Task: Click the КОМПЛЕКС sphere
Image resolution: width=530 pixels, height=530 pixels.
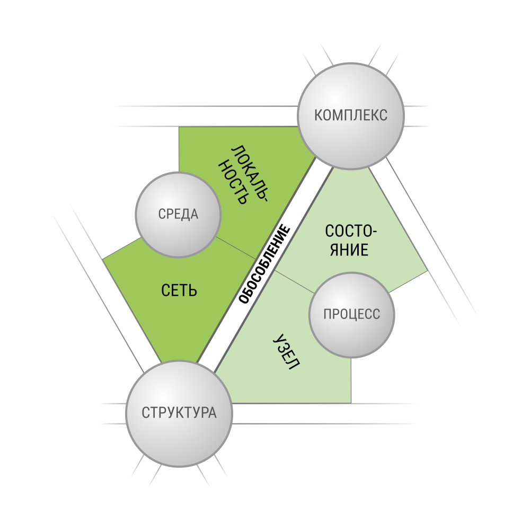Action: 351,116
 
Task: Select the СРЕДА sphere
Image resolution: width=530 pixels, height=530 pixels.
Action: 178,215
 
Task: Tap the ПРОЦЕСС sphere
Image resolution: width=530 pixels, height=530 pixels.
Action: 352,315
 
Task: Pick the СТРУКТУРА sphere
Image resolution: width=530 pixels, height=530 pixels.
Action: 179,414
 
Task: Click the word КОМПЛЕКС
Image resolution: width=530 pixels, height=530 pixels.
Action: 351,115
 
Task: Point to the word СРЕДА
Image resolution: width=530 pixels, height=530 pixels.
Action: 178,214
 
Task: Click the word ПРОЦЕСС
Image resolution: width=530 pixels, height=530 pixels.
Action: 352,314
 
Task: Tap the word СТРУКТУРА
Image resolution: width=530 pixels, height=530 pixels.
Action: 179,413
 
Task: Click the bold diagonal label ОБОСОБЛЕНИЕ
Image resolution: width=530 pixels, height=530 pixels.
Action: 264,264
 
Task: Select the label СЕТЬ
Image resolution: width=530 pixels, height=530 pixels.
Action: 179,290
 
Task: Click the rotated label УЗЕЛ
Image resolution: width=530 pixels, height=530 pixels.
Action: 286,352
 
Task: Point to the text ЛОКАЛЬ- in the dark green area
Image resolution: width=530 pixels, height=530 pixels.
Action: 250,173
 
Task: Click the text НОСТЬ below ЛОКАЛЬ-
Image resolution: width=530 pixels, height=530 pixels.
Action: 232,182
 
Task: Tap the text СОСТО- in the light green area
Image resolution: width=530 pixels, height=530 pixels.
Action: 350,232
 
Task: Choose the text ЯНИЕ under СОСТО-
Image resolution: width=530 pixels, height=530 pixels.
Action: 349,250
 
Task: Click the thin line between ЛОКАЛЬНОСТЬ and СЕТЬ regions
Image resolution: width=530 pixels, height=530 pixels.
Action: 236,248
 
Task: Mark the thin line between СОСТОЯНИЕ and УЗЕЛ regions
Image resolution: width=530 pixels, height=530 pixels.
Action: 294,281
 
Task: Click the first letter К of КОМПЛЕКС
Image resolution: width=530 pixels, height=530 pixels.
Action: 319,115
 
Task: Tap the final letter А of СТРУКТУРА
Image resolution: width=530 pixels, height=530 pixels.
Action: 213,413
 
